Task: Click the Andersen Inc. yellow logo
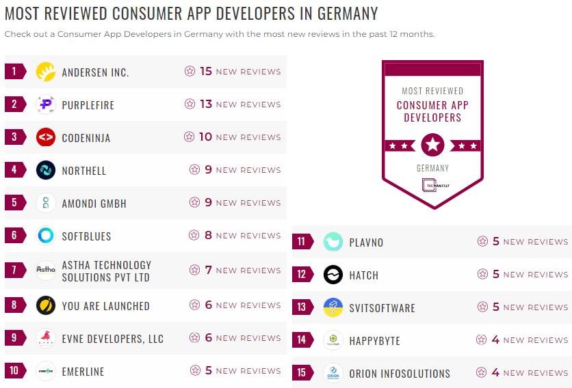coord(46,72)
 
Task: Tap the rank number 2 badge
coord(14,105)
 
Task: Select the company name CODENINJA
coord(86,138)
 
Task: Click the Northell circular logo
coord(46,170)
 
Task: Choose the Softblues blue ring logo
coord(46,236)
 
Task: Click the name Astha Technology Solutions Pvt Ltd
coord(107,271)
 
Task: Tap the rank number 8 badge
coord(14,305)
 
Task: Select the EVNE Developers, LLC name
coord(113,339)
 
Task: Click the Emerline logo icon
coord(46,371)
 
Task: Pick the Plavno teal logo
coord(333,242)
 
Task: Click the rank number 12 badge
coord(302,275)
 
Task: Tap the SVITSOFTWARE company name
coord(382,308)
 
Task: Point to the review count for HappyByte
coord(523,339)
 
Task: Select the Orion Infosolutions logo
coord(333,374)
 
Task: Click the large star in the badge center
coord(432,145)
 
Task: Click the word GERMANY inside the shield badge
coord(432,168)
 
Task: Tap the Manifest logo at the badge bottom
coord(432,185)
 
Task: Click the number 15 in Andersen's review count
coord(206,71)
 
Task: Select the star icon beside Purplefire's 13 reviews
coord(190,105)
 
